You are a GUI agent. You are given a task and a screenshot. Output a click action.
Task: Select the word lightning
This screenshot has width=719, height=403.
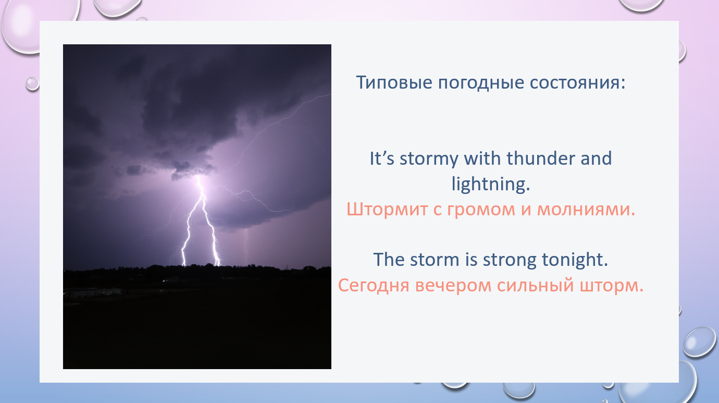[x=491, y=185]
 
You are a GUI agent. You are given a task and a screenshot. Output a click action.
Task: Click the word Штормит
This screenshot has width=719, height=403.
[x=387, y=210]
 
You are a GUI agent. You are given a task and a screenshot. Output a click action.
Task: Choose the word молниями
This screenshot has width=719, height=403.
[x=586, y=210]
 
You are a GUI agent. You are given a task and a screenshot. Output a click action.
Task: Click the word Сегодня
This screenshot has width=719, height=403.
[x=374, y=286]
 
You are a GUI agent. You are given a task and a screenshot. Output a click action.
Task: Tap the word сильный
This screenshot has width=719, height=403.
[x=536, y=285]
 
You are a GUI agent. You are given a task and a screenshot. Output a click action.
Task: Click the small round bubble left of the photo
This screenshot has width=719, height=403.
[x=32, y=84]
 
